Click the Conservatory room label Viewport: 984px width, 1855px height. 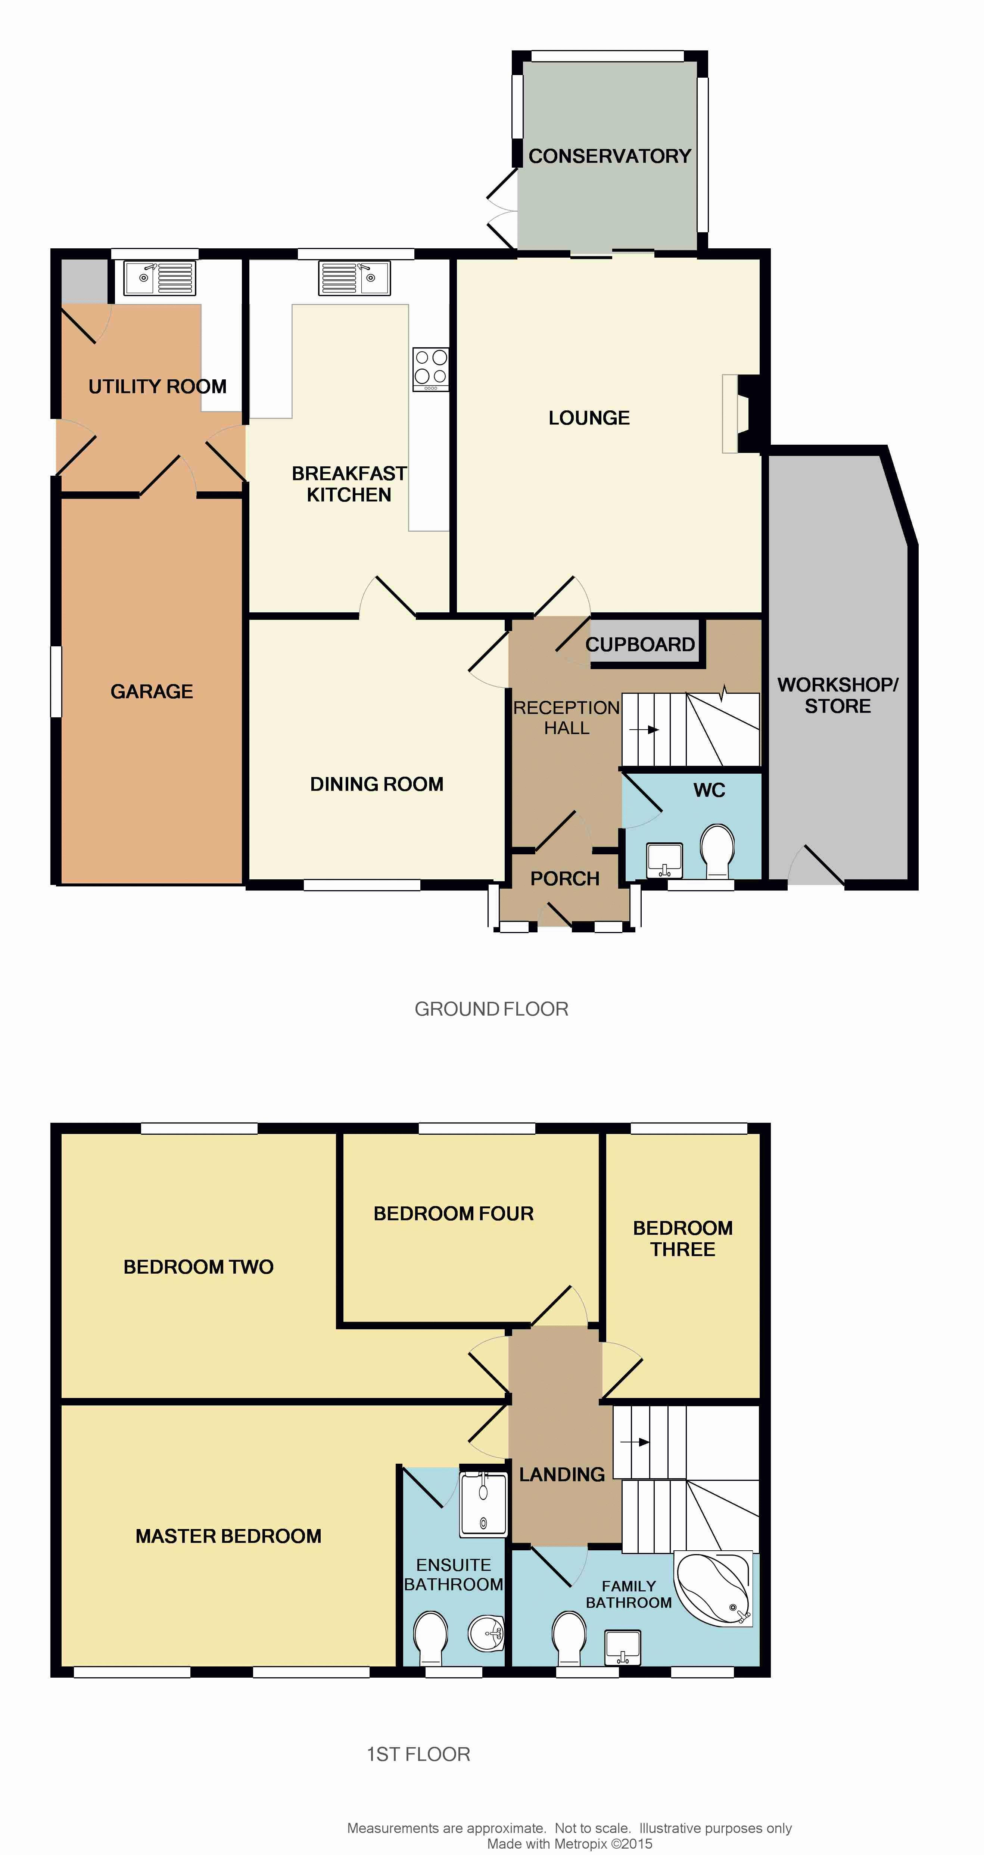[x=610, y=156]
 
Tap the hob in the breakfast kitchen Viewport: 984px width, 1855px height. [x=430, y=369]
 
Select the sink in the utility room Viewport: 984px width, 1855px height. [x=159, y=278]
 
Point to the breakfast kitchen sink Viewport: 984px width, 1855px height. [x=354, y=278]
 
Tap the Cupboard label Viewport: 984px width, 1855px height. [x=640, y=644]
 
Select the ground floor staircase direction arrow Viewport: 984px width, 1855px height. [x=644, y=730]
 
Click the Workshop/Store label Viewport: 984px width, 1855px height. [x=838, y=695]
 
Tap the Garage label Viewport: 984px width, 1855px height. [x=152, y=691]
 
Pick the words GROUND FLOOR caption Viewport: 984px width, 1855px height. [x=492, y=1009]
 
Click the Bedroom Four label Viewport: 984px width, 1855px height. [x=454, y=1214]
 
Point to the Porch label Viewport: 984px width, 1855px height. [x=565, y=879]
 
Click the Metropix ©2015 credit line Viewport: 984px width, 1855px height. [x=569, y=1843]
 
